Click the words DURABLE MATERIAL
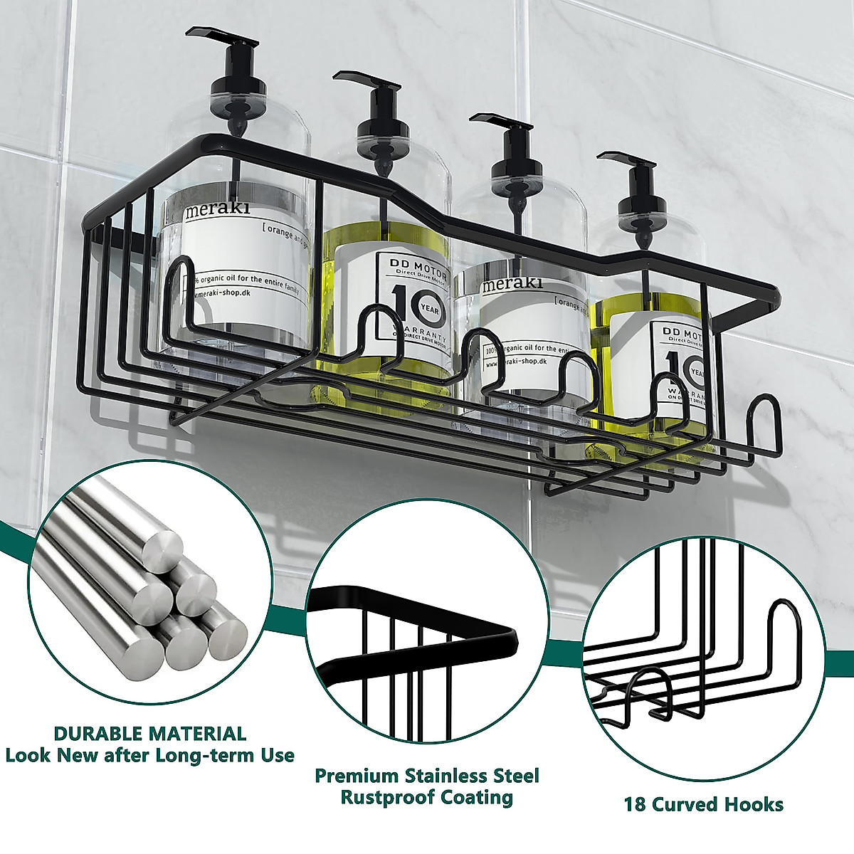[x=150, y=734]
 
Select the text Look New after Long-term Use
[x=150, y=755]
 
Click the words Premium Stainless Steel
[x=427, y=775]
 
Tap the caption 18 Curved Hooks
[x=704, y=805]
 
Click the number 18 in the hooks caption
[x=636, y=805]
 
